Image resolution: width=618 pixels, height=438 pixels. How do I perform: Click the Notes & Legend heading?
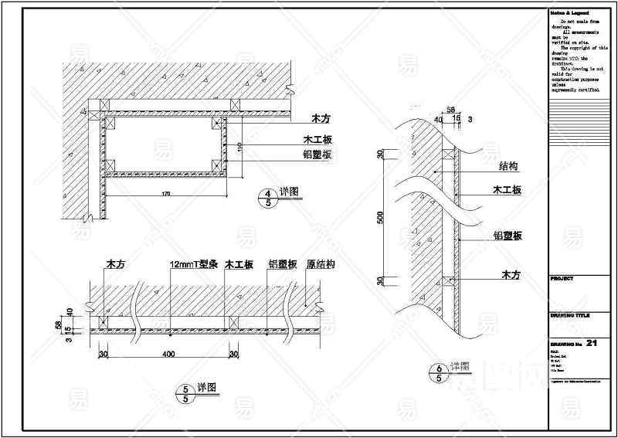570,14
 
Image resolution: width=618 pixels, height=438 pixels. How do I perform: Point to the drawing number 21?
593,342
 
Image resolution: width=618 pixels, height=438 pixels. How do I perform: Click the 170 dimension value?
165,193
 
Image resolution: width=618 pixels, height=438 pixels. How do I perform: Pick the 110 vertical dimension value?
239,147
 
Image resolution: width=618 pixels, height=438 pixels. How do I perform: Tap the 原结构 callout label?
320,264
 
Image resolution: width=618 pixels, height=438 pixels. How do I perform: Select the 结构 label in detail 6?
508,166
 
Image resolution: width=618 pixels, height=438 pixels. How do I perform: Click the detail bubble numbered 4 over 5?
267,198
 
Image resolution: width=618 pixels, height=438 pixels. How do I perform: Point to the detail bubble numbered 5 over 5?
185,394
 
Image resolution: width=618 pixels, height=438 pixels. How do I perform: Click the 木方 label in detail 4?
321,120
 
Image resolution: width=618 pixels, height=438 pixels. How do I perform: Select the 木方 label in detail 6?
512,274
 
